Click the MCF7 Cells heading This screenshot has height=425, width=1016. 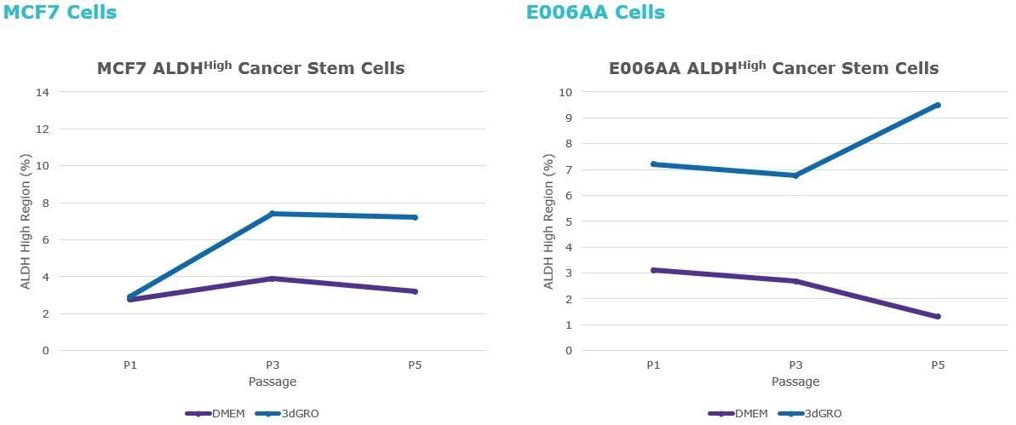(60, 13)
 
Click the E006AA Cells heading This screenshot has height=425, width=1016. (595, 13)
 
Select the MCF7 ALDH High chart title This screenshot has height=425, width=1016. (250, 68)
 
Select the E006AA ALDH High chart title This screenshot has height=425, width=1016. (773, 68)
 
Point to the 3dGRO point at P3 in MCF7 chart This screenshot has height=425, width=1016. (273, 214)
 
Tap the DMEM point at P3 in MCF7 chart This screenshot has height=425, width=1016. (273, 279)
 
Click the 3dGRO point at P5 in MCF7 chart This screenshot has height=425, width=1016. (415, 217)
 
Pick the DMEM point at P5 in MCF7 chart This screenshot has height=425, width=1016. (415, 291)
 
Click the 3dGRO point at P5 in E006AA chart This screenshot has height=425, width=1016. (938, 105)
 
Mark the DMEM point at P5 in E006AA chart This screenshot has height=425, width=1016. (938, 317)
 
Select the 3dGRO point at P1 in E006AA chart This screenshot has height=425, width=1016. (653, 164)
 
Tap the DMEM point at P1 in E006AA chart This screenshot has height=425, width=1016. (653, 270)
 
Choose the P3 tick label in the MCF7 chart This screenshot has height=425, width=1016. (273, 365)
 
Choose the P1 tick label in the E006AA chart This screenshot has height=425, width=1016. (653, 365)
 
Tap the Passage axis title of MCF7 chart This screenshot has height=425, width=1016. (273, 382)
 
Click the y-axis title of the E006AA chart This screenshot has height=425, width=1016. (549, 221)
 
